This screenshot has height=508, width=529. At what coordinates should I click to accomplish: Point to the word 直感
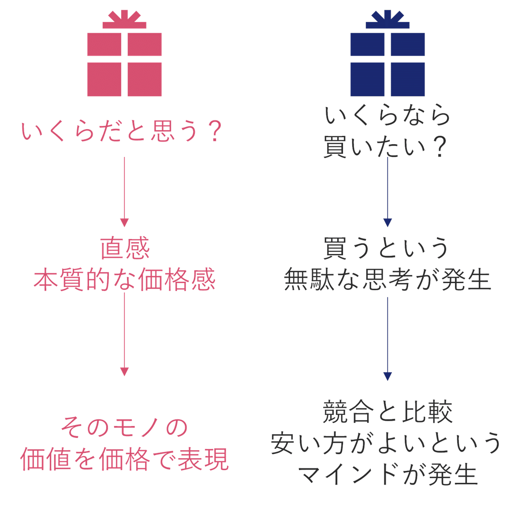pyautogui.click(x=125, y=249)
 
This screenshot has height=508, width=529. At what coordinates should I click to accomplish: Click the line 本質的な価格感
pyautogui.click(x=125, y=279)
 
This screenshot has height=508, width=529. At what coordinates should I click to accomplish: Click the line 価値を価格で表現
pyautogui.click(x=125, y=459)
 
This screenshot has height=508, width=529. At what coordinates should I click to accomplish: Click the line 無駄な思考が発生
pyautogui.click(x=387, y=279)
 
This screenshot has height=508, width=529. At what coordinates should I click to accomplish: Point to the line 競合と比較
pyautogui.click(x=387, y=411)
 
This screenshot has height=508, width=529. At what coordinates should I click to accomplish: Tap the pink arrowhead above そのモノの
pyautogui.click(x=124, y=371)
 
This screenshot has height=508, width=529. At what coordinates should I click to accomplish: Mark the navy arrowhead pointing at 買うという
pyautogui.click(x=387, y=222)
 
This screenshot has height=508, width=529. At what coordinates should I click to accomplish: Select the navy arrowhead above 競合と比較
pyautogui.click(x=387, y=376)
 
